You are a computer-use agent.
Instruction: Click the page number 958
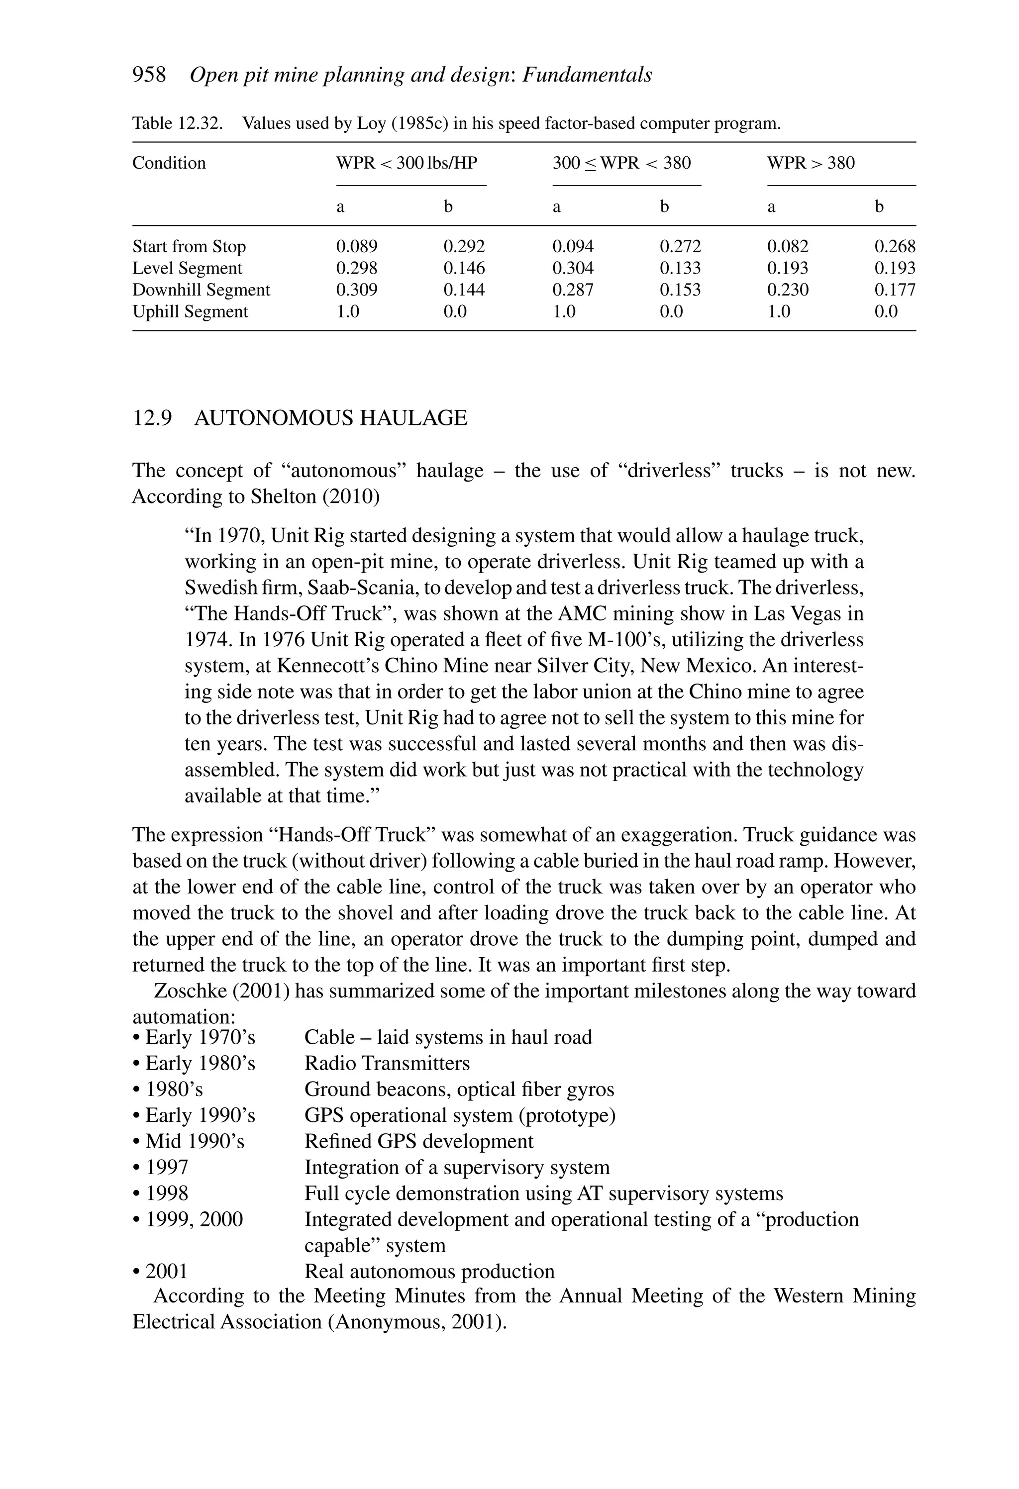coord(149,75)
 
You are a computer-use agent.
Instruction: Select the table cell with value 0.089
coord(356,247)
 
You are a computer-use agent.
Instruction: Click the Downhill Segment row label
coord(201,290)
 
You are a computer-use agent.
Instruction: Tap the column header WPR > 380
coord(811,163)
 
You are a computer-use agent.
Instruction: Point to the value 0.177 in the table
coord(895,290)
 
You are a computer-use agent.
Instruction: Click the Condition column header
coord(169,163)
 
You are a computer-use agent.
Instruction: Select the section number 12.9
coord(152,418)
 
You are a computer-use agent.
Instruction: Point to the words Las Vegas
coord(793,614)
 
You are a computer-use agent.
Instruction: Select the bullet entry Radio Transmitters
coord(387,1064)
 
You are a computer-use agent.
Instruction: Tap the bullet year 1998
coord(167,1193)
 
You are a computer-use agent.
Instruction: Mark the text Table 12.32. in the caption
coord(178,123)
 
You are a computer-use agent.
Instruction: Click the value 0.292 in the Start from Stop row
coord(464,247)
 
